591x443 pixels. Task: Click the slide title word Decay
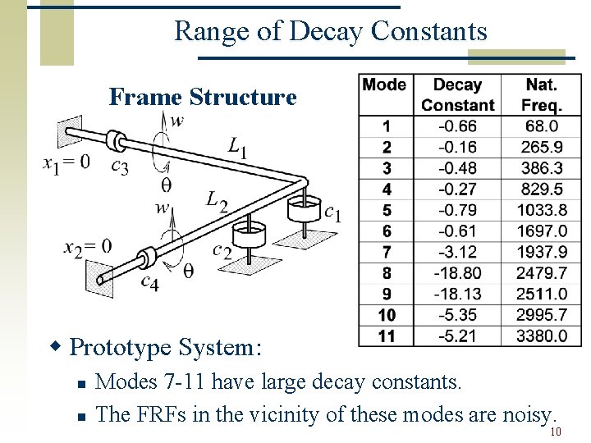[x=332, y=31]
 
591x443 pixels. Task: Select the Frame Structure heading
[x=203, y=97]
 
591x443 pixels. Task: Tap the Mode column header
[x=384, y=84]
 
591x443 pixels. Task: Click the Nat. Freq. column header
[x=542, y=94]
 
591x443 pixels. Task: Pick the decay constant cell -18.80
[x=458, y=272]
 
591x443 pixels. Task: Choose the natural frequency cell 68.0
[x=542, y=126]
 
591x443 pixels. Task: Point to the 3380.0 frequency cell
[x=542, y=336]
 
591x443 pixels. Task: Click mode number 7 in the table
[x=387, y=252]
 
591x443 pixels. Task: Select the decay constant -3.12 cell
[x=458, y=252]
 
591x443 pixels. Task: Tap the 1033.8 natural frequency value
[x=542, y=210]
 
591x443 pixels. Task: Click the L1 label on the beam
[x=238, y=148]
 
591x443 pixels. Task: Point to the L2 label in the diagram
[x=216, y=199]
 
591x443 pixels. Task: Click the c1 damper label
[x=332, y=213]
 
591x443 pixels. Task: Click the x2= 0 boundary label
[x=88, y=246]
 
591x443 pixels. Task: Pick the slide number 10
[x=556, y=432]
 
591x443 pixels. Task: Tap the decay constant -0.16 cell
[x=458, y=147]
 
